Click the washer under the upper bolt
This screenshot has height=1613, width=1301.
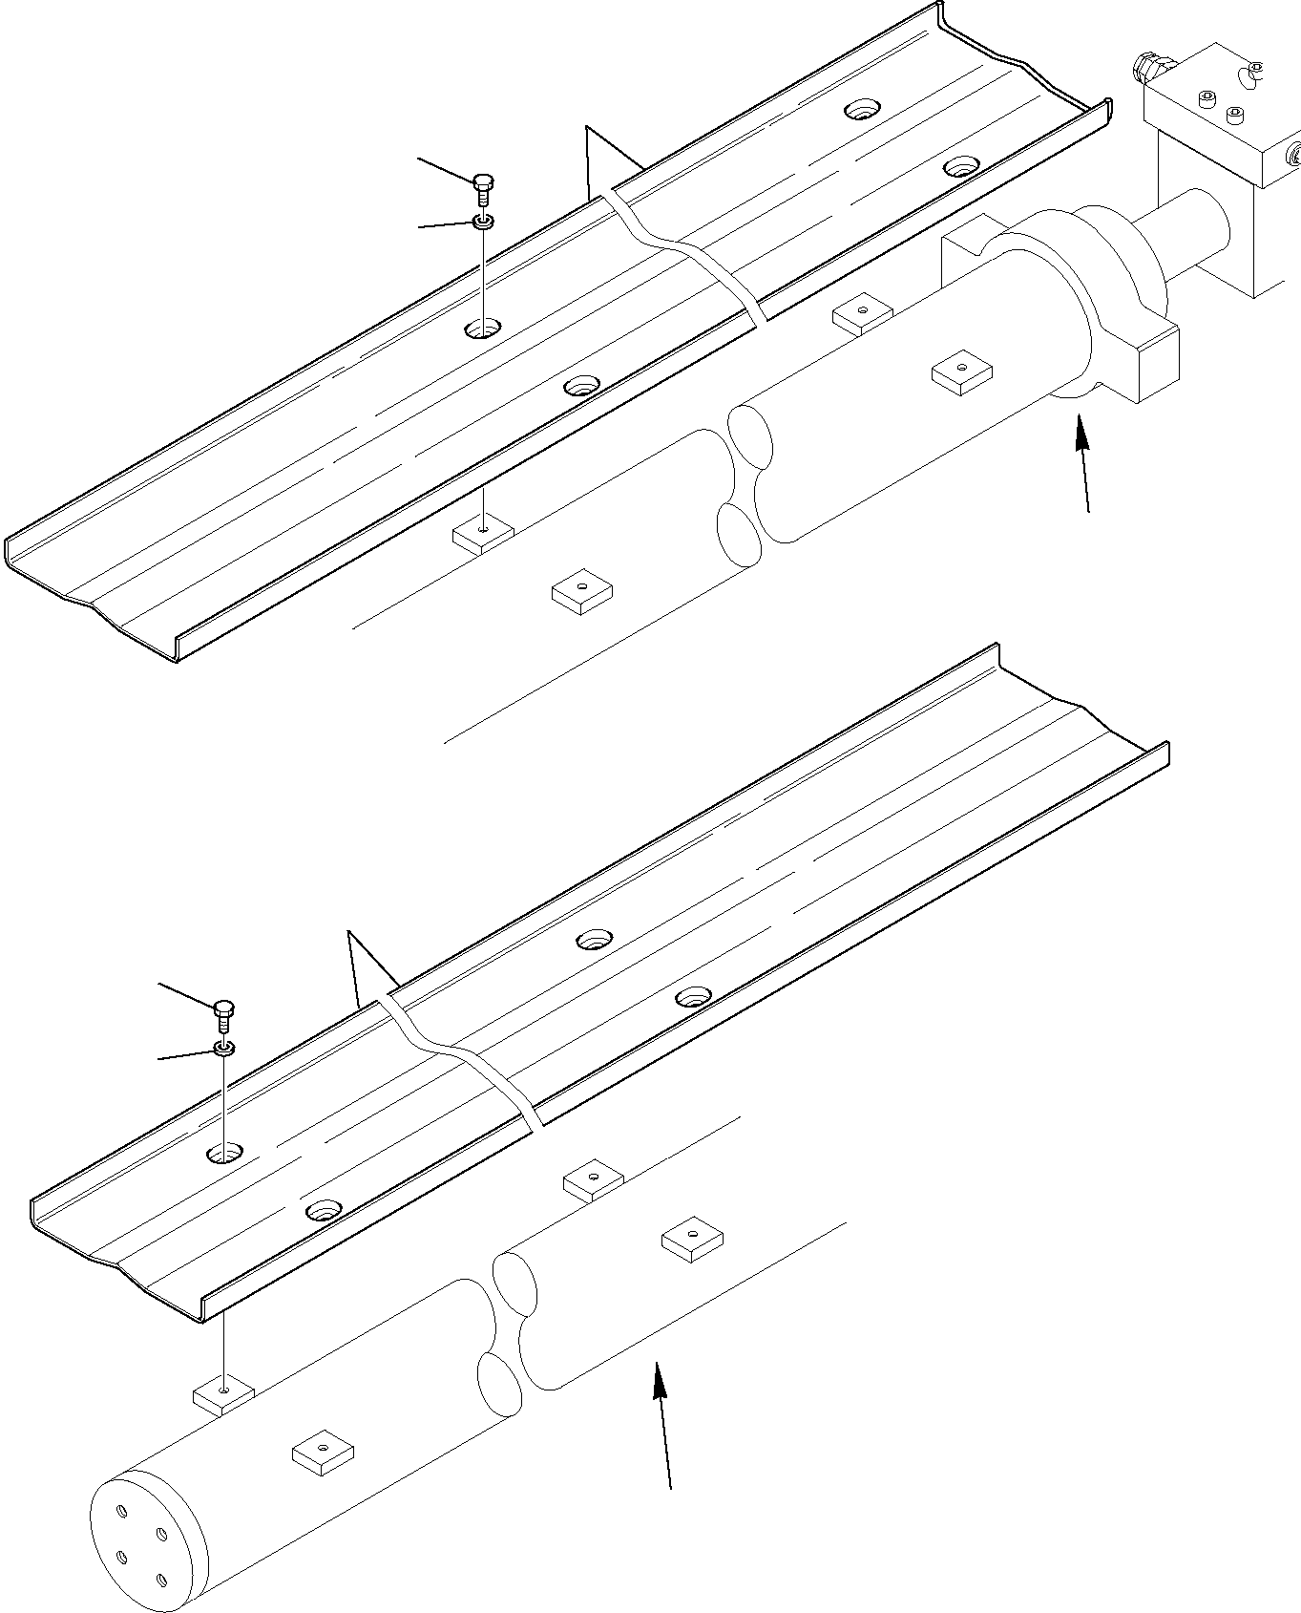tap(484, 223)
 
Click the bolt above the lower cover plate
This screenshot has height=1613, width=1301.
tap(223, 1010)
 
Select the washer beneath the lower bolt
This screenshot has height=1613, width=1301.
tap(224, 1049)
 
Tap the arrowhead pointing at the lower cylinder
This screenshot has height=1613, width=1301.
tap(658, 1380)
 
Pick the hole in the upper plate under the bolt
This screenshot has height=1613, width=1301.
tap(484, 330)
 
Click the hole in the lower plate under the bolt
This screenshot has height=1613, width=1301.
tap(225, 1154)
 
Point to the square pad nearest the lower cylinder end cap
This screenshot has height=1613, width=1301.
tap(323, 1454)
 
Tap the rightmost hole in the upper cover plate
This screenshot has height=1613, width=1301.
tap(960, 168)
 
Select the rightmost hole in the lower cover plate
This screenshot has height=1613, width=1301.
tap(694, 998)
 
